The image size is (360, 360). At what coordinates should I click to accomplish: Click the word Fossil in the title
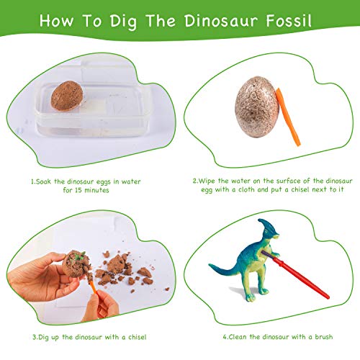click(x=285, y=19)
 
